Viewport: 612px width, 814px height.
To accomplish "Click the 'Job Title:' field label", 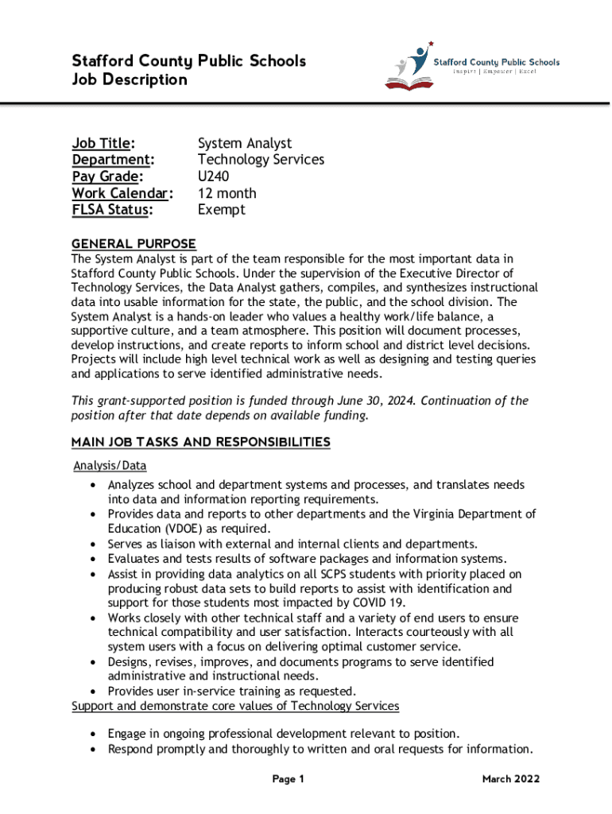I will (103, 143).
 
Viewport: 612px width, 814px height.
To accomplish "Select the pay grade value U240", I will (215, 176).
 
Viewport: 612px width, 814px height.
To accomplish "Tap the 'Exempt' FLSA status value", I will (221, 210).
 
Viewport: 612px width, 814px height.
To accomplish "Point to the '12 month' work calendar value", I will (227, 193).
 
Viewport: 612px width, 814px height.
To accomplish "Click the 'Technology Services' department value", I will (261, 160).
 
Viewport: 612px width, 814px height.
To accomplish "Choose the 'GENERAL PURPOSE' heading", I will (134, 243).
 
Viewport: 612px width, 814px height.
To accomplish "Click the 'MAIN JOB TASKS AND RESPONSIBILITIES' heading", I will (200, 441).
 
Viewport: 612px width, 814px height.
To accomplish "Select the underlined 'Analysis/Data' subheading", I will (110, 466).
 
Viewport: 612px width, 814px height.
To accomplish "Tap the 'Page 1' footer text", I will (289, 779).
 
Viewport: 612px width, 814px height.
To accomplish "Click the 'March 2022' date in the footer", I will (511, 779).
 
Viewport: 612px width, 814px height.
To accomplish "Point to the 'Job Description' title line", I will (130, 79).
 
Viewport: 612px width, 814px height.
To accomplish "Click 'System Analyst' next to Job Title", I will (245, 143).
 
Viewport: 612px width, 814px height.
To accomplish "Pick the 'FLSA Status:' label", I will (112, 210).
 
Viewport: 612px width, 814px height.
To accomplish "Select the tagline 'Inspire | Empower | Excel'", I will (495, 72).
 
